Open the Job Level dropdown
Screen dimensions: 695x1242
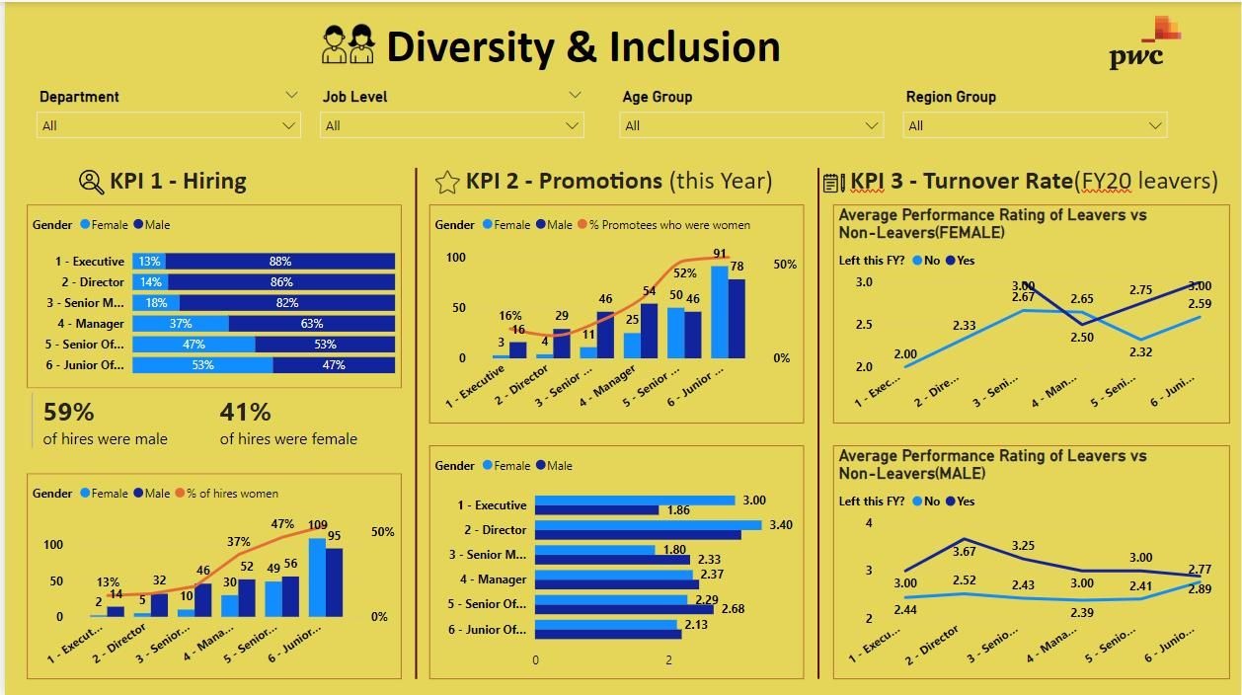click(451, 125)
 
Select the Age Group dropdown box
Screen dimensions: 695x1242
click(750, 125)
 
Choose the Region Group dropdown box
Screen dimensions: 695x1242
click(1035, 125)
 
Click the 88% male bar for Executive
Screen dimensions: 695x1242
click(280, 262)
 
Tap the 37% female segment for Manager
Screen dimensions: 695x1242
click(181, 324)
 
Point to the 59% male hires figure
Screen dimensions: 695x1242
click(68, 412)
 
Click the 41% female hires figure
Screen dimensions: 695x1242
click(245, 412)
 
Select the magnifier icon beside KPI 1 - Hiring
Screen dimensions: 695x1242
click(91, 182)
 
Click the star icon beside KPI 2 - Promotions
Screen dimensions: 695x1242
click(447, 182)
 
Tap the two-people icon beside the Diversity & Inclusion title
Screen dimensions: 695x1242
click(349, 45)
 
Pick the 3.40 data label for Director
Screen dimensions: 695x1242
click(780, 525)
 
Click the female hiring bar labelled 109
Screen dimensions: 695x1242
click(317, 577)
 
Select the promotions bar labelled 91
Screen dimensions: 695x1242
click(719, 311)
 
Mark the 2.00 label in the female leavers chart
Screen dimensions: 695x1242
click(905, 354)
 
